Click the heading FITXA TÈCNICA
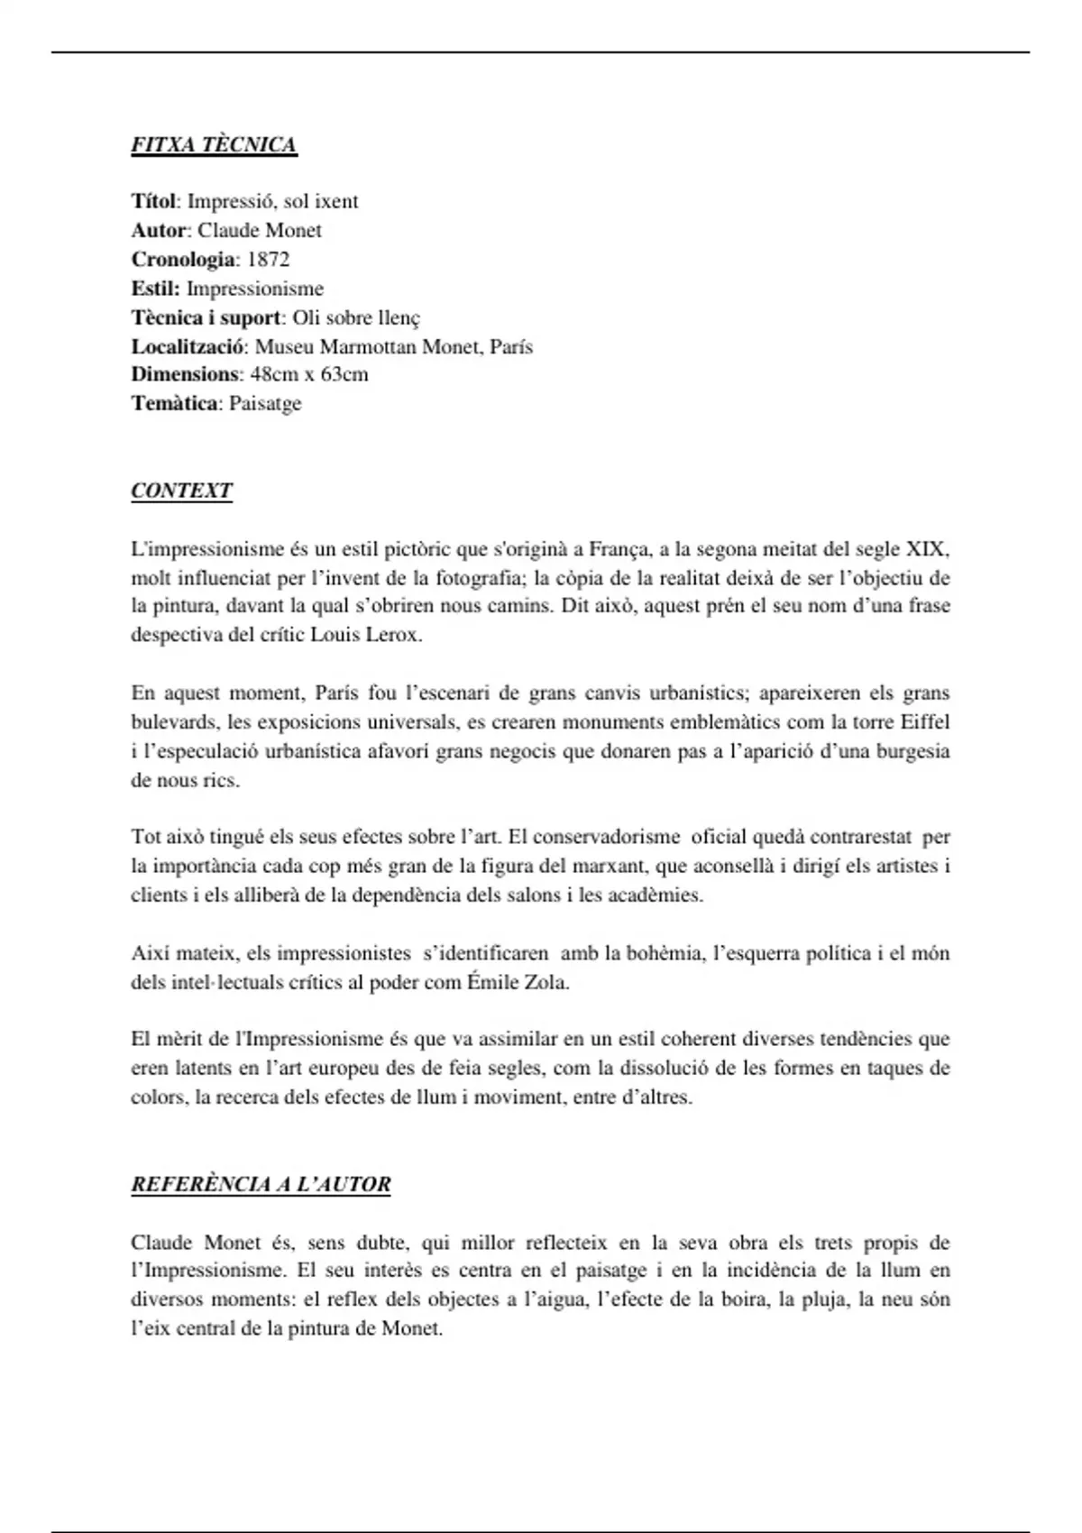tap(214, 145)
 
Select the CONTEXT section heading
tap(181, 491)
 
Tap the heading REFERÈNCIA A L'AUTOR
tap(261, 1184)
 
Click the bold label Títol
tap(153, 201)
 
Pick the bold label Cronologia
tap(183, 260)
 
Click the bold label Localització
tap(188, 346)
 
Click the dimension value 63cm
tap(344, 374)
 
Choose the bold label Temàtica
tap(174, 403)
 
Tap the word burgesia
tap(912, 751)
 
